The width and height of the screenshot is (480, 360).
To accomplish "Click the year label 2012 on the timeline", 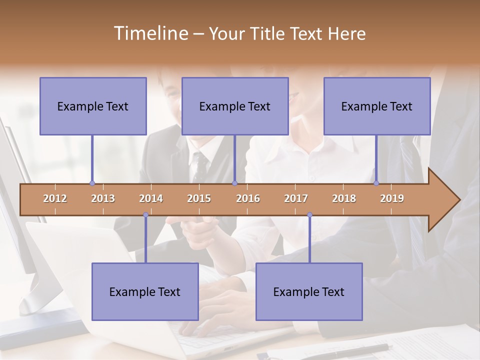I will pyautogui.click(x=55, y=198).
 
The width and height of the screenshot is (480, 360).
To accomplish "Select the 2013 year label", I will pyautogui.click(x=103, y=198).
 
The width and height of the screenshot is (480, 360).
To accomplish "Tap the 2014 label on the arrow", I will pyautogui.click(x=151, y=198).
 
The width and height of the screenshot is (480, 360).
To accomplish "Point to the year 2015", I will pyautogui.click(x=199, y=198).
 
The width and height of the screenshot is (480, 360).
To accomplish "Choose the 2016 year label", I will pyautogui.click(x=248, y=198).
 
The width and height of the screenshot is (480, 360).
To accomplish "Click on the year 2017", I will pyautogui.click(x=296, y=198).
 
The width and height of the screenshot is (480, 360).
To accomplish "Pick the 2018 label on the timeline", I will pyautogui.click(x=344, y=198).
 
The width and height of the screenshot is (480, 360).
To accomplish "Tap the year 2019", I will pyautogui.click(x=392, y=198).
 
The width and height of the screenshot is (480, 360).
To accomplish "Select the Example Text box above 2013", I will pyautogui.click(x=93, y=106).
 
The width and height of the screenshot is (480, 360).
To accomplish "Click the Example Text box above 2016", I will pyautogui.click(x=235, y=106).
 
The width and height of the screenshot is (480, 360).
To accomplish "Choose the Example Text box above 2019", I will pyautogui.click(x=377, y=106).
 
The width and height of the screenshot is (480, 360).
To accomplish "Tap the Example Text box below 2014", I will pyautogui.click(x=145, y=291).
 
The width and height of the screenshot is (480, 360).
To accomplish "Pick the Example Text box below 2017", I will pyautogui.click(x=309, y=291).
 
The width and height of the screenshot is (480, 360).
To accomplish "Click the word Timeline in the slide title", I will pyautogui.click(x=150, y=33).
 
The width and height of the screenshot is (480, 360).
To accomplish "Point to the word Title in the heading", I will pyautogui.click(x=271, y=33).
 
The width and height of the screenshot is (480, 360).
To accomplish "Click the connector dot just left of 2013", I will pyautogui.click(x=92, y=183).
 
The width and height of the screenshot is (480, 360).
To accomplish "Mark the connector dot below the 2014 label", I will pyautogui.click(x=145, y=215).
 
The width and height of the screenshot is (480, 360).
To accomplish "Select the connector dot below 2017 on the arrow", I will pyautogui.click(x=309, y=215).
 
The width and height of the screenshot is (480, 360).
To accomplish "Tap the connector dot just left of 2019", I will pyautogui.click(x=376, y=183).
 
